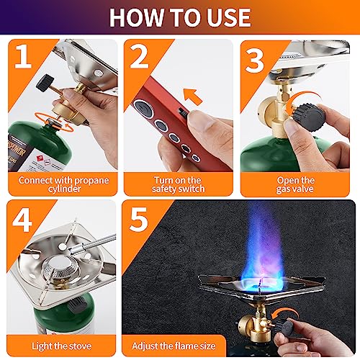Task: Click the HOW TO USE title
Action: (179, 17)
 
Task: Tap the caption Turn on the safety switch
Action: (179, 184)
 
